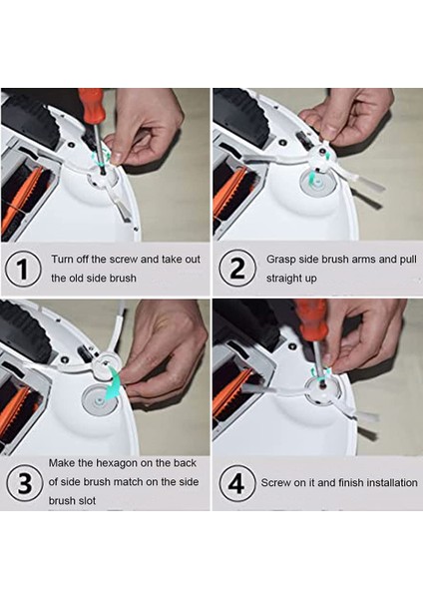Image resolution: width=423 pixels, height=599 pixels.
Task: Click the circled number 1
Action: [x=23, y=269]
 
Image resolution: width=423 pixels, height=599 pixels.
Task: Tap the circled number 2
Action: [x=237, y=268]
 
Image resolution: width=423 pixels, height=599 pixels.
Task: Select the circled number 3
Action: [x=24, y=483]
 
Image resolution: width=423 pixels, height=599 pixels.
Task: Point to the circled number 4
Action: [x=236, y=483]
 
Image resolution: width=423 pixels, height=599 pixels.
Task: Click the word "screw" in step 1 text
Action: [x=124, y=259]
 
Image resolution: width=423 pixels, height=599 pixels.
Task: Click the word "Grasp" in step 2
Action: [x=279, y=260]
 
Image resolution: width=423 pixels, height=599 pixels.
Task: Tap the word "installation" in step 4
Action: [x=392, y=482]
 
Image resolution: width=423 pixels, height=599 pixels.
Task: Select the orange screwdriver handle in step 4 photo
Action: [x=312, y=318]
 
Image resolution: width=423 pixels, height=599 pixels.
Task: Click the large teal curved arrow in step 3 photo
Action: [x=113, y=383]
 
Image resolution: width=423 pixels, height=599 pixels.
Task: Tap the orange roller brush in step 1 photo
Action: [x=23, y=204]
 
